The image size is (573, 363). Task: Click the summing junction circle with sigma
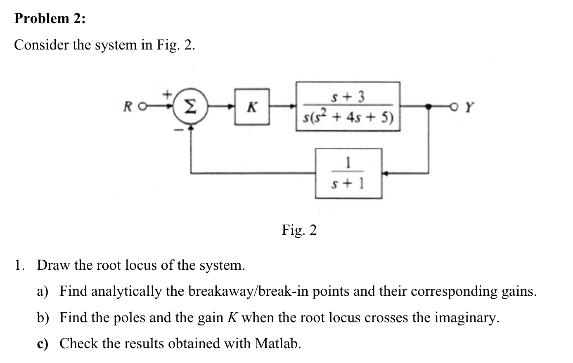point(189,108)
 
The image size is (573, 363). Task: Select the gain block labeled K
point(252,107)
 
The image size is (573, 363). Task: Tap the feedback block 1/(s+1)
point(348,173)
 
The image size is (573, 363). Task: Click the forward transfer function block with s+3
point(348,106)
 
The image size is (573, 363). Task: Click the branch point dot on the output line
point(429,106)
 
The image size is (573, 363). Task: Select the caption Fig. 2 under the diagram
point(299,230)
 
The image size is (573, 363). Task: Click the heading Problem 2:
point(50,19)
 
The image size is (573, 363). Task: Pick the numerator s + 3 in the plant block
point(348,97)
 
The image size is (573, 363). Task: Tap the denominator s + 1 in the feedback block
point(348,184)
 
